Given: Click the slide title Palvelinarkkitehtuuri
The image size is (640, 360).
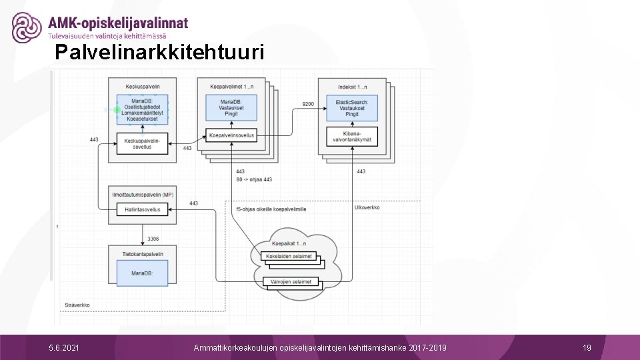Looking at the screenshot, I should pyautogui.click(x=160, y=53).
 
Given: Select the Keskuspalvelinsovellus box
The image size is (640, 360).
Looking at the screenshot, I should pyautogui.click(x=142, y=143).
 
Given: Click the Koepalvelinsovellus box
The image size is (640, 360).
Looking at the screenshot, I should pyautogui.click(x=230, y=135).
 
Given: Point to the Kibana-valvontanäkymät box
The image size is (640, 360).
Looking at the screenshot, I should pyautogui.click(x=352, y=136).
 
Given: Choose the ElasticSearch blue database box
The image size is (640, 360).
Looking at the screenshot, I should pyautogui.click(x=352, y=108).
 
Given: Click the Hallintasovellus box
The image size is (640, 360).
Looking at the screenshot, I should pyautogui.click(x=142, y=209).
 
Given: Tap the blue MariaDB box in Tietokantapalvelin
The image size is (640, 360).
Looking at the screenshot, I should pyautogui.click(x=142, y=273).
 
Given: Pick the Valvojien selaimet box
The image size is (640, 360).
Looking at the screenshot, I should pyautogui.click(x=291, y=282).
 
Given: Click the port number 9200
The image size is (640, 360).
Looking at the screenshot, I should pyautogui.click(x=308, y=104).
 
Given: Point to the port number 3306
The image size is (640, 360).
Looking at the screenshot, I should pyautogui.click(x=153, y=238).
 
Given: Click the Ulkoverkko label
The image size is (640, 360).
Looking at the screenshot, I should pyautogui.click(x=367, y=208).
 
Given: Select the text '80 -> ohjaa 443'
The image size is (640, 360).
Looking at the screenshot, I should pyautogui.click(x=254, y=180).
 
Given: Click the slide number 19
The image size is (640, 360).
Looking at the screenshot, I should pyautogui.click(x=587, y=348).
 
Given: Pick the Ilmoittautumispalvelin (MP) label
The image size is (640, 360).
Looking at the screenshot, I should pyautogui.click(x=142, y=194).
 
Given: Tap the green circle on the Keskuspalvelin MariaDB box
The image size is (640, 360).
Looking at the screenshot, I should pyautogui.click(x=117, y=109).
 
